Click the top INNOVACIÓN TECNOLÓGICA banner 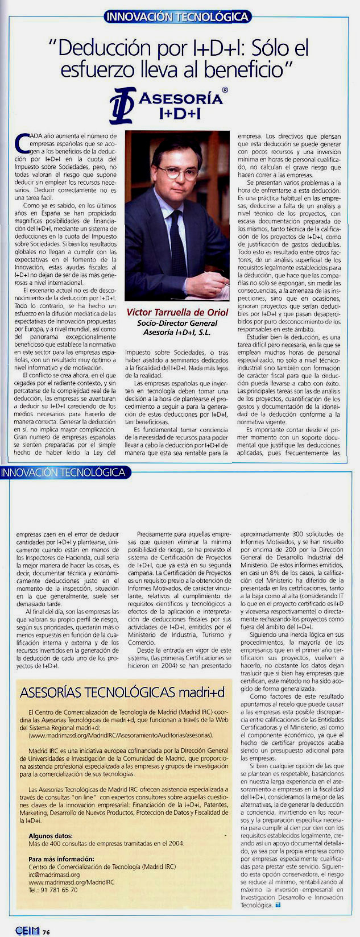[177, 17]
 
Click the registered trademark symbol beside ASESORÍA [225, 90]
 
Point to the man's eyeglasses [177, 172]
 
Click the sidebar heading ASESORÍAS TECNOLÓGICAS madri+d [122, 693]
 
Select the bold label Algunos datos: [51, 836]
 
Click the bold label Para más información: [61, 859]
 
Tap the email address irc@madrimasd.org [54, 874]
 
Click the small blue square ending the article [278, 905]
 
